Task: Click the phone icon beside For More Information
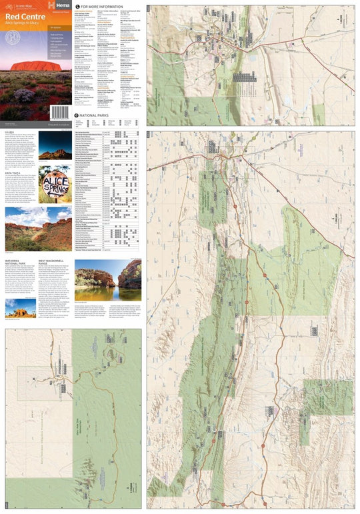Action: coord(77,7)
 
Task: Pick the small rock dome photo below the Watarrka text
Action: coord(21,310)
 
